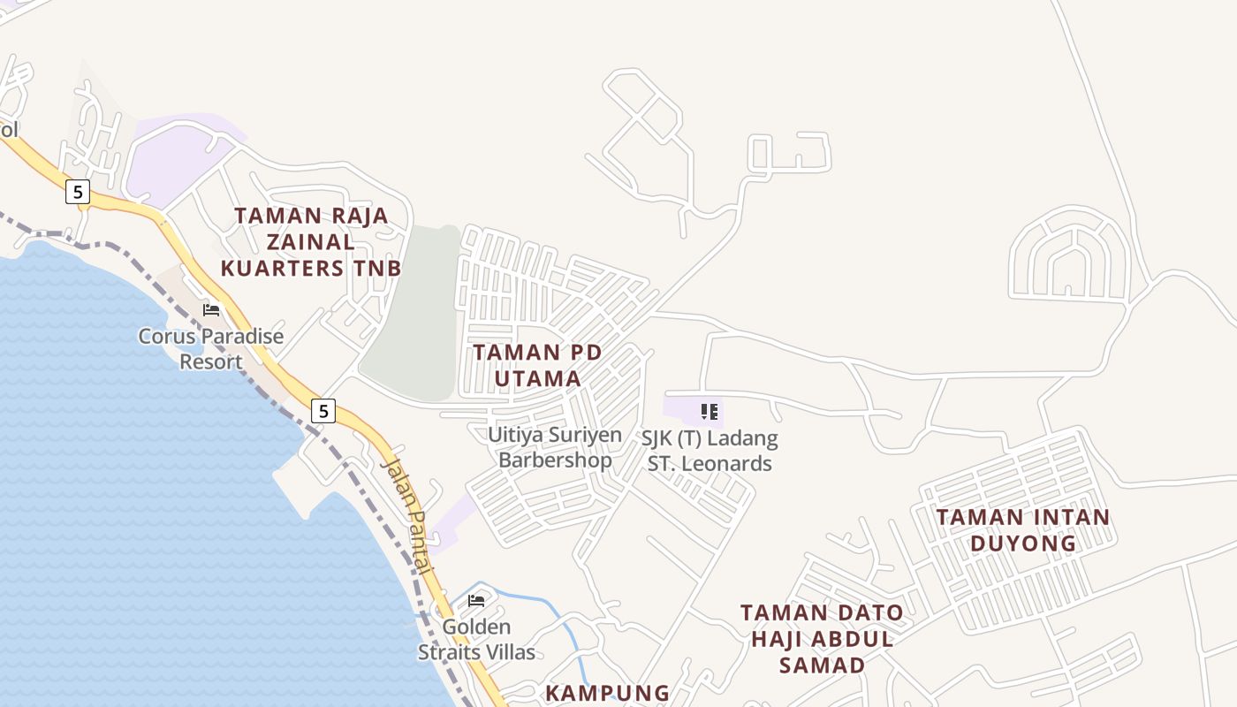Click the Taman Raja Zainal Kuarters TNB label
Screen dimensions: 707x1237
(x=311, y=241)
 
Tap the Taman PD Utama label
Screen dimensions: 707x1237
(x=537, y=365)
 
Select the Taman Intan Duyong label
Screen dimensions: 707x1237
(x=1023, y=529)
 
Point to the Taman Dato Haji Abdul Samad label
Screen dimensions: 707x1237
(x=822, y=638)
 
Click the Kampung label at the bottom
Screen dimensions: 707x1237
(x=607, y=693)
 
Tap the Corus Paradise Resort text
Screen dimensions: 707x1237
(x=211, y=349)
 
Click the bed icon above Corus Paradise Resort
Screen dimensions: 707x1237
(x=211, y=309)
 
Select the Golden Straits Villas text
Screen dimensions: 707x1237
(x=476, y=640)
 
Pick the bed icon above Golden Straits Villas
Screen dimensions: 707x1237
(x=476, y=601)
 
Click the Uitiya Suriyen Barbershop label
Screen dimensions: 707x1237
(x=555, y=447)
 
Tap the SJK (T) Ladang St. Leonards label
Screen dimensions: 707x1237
(x=710, y=451)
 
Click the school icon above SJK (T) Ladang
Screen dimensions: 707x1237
(x=709, y=411)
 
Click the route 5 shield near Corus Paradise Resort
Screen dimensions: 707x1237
(x=324, y=410)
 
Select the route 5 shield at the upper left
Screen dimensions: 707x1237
(x=78, y=191)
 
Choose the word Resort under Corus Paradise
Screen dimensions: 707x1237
(x=211, y=362)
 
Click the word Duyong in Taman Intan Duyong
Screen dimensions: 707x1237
(x=1023, y=543)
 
